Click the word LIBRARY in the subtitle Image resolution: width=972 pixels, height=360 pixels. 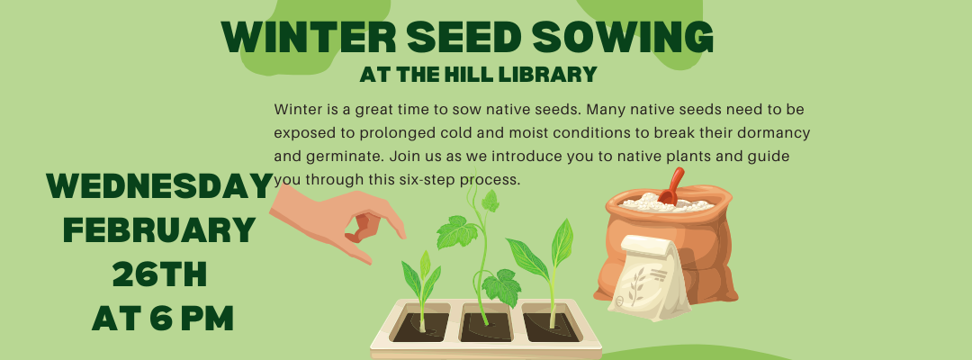(x=551, y=72)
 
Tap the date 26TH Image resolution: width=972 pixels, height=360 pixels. (x=159, y=274)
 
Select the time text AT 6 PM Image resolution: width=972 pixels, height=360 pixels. (x=163, y=317)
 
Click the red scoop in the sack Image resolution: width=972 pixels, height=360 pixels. (x=670, y=186)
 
